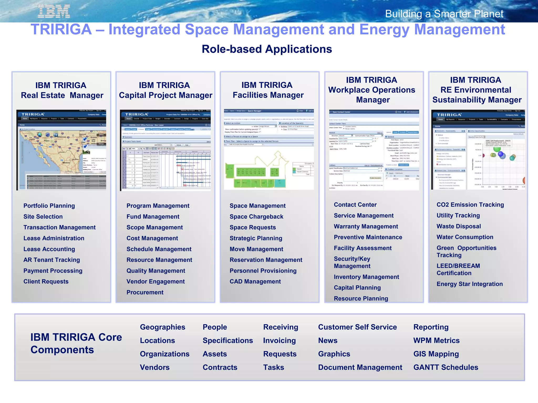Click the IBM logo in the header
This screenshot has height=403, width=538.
54,12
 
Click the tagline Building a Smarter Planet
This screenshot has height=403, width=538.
444,14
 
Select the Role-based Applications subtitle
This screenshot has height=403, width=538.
267,49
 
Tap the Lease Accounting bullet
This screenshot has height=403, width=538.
49,249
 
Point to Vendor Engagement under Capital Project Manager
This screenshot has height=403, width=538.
156,282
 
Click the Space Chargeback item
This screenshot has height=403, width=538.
256,216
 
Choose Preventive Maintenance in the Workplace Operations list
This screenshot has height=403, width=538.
368,237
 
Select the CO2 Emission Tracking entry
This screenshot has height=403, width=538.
470,205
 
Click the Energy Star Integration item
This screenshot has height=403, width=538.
469,284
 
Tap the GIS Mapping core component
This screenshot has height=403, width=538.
436,354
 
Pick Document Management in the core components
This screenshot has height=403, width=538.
360,367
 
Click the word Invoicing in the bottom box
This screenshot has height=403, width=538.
279,341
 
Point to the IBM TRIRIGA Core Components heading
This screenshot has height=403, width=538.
76,343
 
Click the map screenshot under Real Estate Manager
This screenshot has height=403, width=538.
61,150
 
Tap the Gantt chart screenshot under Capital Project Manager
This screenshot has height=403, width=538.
165,150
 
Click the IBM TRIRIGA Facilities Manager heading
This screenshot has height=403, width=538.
268,90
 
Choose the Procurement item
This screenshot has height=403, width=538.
145,292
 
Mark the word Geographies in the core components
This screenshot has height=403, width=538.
162,327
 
